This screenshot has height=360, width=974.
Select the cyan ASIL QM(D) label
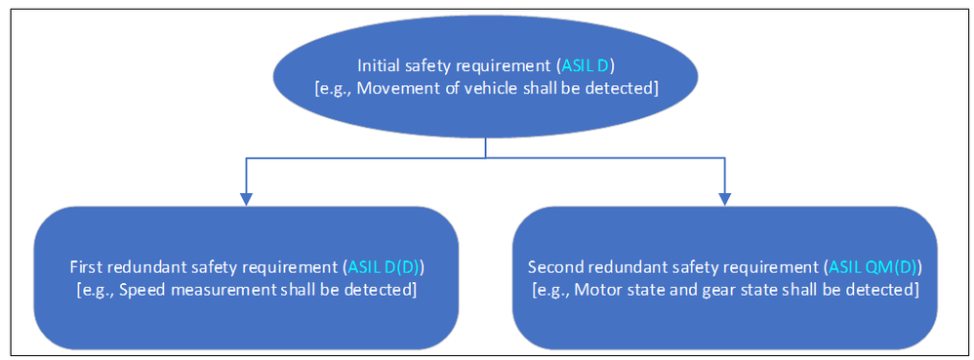point(871,266)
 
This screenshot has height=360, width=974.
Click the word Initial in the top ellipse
point(377,66)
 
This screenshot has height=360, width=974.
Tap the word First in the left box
point(86,266)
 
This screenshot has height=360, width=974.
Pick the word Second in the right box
point(551,266)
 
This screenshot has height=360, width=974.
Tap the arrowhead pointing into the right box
point(724,198)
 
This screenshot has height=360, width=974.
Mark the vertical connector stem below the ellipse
point(485,146)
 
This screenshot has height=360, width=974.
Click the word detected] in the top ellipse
point(627,89)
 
